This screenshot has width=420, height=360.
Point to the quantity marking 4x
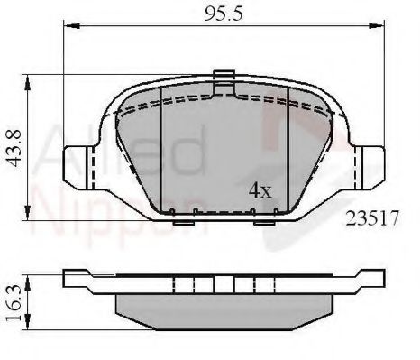[x=260, y=192]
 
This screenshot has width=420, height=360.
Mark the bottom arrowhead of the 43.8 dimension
[x=32, y=217]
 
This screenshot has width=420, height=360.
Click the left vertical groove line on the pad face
[x=159, y=149]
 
